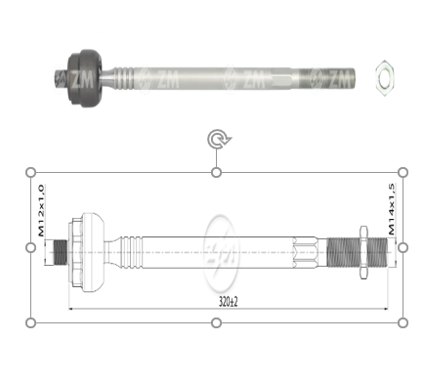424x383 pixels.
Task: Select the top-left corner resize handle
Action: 30,173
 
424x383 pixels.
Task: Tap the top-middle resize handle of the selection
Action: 217,173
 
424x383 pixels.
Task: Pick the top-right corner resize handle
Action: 403,173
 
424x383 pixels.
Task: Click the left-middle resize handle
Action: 30,247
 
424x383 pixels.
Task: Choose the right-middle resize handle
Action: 403,247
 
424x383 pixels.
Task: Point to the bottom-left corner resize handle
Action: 30,321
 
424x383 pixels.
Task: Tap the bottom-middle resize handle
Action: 217,321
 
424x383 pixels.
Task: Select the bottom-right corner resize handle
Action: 403,321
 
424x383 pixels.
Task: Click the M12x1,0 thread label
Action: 41,210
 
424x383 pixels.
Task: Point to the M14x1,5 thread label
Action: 392,210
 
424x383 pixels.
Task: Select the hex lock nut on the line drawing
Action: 363,248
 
